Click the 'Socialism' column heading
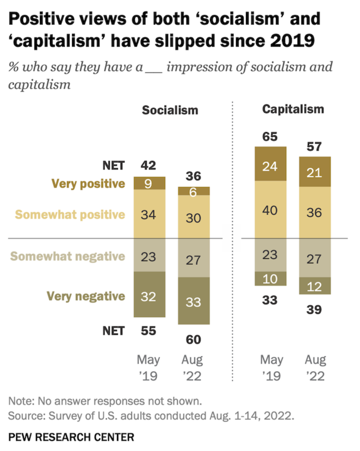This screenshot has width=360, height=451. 170,110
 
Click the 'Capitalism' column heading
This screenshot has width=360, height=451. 293,109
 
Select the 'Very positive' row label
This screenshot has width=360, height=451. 88,183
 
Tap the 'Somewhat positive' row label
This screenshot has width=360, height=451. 70,214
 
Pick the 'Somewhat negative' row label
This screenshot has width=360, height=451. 68,256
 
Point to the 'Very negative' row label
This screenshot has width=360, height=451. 86,296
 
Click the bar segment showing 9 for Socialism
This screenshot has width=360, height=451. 149,183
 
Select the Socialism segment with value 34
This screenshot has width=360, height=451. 149,214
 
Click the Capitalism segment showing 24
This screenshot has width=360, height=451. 271,166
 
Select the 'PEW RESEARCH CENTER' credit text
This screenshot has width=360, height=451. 71,438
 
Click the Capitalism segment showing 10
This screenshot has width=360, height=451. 271,279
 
